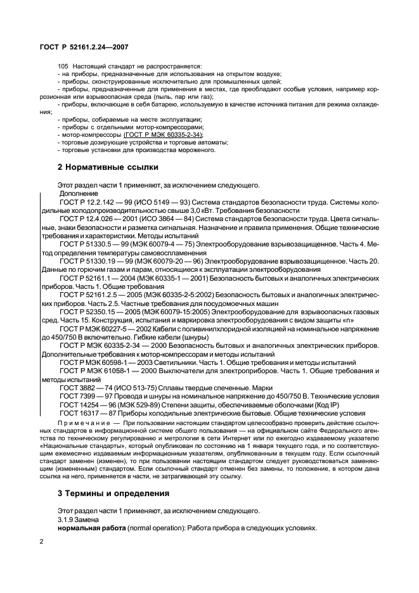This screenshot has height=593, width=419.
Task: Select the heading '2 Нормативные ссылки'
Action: [x=108, y=167]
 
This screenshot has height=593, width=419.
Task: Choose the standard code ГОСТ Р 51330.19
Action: [x=89, y=261]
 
